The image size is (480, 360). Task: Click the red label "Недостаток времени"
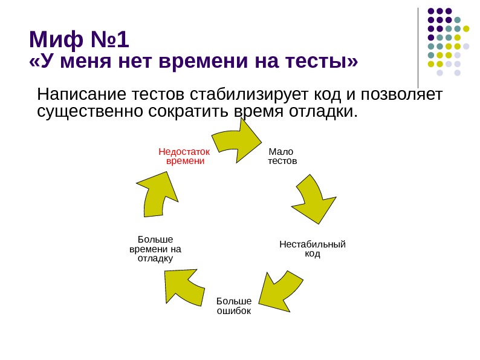(184, 156)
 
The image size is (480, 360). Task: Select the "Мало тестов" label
(282, 156)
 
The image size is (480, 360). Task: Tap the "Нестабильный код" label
(312, 249)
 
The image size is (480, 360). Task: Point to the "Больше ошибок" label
(233, 306)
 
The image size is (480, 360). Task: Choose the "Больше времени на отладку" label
(155, 248)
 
